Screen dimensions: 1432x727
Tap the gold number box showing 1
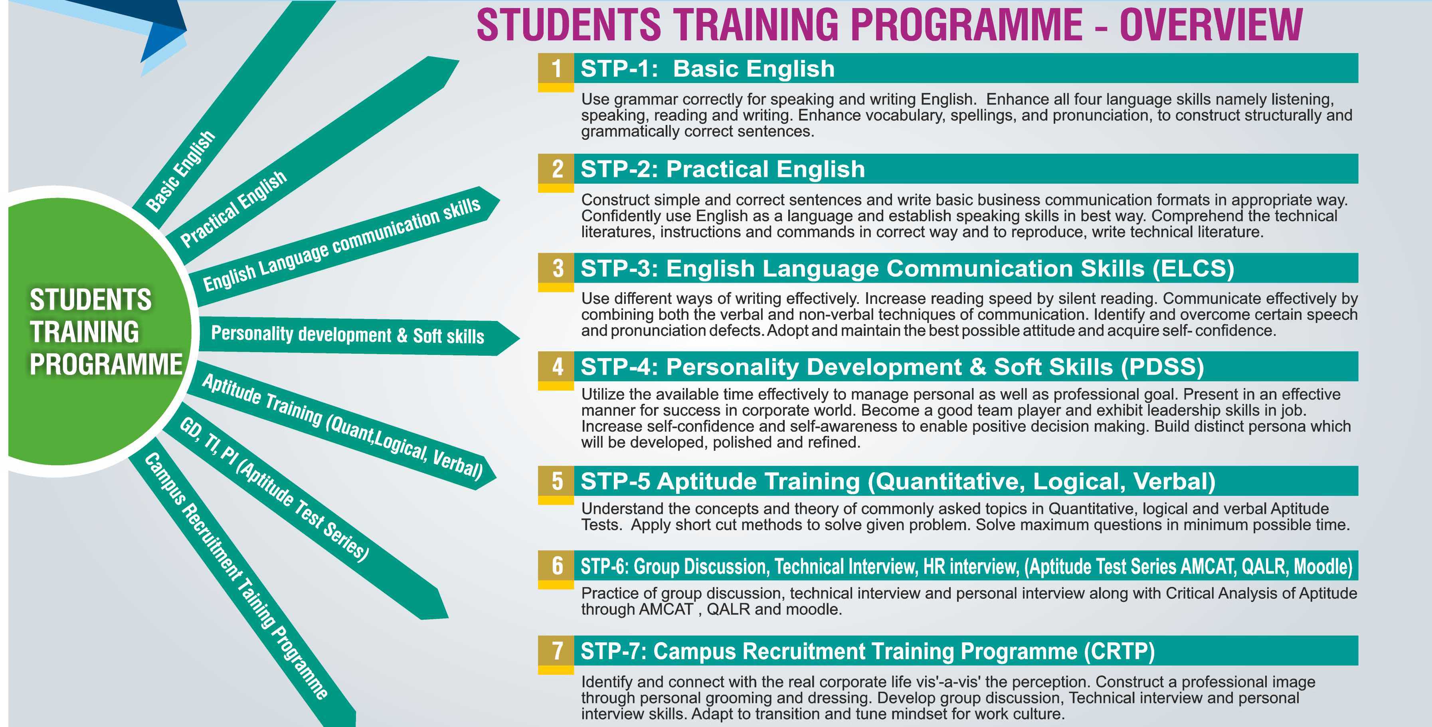[556, 68]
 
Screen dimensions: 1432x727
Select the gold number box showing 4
[556, 366]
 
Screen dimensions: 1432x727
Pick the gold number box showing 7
[556, 651]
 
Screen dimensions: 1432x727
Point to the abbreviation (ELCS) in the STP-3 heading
[1193, 269]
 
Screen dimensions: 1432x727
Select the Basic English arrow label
[180, 171]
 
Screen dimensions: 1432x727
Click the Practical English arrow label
[233, 208]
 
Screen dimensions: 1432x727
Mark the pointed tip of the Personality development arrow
[519, 338]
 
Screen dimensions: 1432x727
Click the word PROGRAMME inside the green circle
[106, 365]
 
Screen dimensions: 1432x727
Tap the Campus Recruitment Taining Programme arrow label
[236, 575]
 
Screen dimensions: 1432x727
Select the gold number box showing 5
[556, 481]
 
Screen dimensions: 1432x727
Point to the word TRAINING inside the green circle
[85, 332]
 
